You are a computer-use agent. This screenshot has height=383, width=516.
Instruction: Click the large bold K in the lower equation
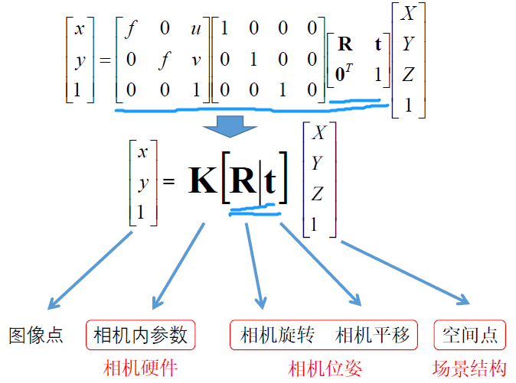[203, 184]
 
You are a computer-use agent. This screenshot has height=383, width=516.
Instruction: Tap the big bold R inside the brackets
[243, 184]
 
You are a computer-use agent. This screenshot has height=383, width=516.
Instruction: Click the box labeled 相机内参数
[140, 335]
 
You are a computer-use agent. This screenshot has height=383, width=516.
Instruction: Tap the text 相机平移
[373, 335]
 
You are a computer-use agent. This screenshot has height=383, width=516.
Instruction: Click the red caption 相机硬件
[140, 368]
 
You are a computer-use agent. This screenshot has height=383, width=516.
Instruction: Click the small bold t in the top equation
[377, 44]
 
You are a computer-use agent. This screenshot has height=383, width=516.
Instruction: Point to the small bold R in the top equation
[345, 44]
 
